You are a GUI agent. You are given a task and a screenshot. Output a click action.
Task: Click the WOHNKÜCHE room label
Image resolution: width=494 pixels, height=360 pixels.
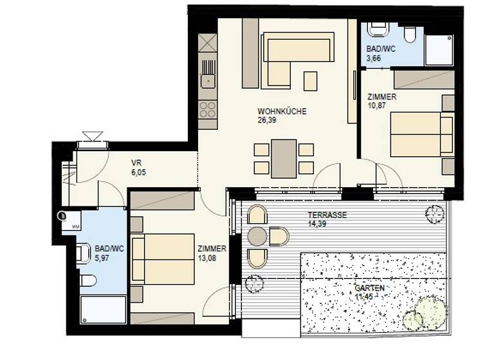pyautogui.click(x=282, y=111)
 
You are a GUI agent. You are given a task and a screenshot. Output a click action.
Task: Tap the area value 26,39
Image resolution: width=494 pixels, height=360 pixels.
pyautogui.click(x=267, y=120)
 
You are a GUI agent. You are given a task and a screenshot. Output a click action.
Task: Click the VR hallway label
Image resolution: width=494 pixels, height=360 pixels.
pyautogui.click(x=136, y=163)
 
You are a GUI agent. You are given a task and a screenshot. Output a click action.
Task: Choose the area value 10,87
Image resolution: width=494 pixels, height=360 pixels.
pyautogui.click(x=376, y=105)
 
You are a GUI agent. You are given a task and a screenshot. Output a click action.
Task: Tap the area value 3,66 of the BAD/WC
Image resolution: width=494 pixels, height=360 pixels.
pyautogui.click(x=373, y=58)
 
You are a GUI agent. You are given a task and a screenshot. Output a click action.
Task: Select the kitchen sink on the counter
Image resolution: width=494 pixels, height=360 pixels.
pyautogui.click(x=208, y=80)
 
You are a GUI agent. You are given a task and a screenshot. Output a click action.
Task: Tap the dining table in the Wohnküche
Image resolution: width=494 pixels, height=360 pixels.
pyautogui.click(x=284, y=158)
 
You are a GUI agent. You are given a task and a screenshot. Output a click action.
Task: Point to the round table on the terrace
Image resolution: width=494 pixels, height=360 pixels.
pyautogui.click(x=257, y=237)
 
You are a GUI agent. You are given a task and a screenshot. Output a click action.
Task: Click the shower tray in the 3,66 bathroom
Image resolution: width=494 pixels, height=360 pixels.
pyautogui.click(x=440, y=50)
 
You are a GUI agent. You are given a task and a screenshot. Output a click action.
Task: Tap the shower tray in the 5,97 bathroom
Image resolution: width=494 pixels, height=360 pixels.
pyautogui.click(x=103, y=310)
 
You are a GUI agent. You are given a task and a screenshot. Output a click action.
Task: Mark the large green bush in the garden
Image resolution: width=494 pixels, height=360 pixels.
pyautogui.click(x=431, y=312)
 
